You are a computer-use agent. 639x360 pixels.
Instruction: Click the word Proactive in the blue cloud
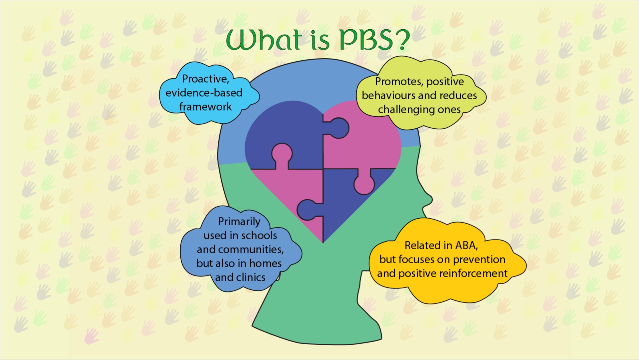pyautogui.click(x=205, y=79)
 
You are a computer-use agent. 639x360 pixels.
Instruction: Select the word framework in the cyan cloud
pyautogui.click(x=205, y=107)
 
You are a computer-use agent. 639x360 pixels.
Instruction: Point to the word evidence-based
pyautogui.click(x=204, y=93)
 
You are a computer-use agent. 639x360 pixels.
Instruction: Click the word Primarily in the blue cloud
pyautogui.click(x=239, y=222)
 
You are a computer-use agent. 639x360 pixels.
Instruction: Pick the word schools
pyautogui.click(x=260, y=236)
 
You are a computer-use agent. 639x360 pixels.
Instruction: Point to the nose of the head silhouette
pyautogui.click(x=429, y=199)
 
